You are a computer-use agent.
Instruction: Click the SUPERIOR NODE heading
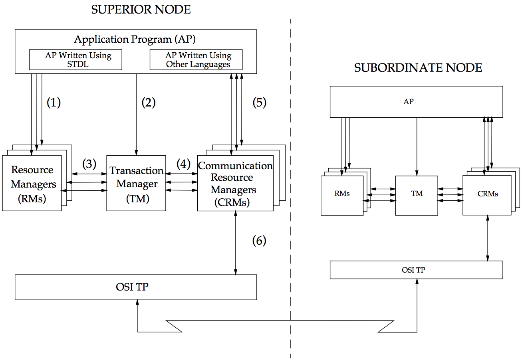[141, 10]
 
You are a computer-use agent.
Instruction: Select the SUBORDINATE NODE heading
[418, 68]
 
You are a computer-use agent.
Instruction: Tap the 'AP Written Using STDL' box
[76, 60]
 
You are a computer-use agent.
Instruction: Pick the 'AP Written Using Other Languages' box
[196, 60]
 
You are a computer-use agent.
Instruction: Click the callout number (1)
[54, 103]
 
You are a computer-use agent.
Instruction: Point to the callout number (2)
[148, 103]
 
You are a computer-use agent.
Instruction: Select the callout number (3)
[89, 164]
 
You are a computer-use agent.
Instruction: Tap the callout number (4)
[183, 164]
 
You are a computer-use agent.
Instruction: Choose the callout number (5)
[259, 103]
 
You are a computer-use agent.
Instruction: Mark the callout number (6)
[259, 240]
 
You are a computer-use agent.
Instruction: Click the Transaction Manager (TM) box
[136, 184]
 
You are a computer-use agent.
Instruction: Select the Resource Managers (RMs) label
[32, 184]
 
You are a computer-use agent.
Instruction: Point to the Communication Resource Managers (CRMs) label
[235, 184]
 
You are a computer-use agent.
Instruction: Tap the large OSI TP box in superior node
[136, 287]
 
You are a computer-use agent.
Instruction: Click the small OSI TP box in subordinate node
[416, 270]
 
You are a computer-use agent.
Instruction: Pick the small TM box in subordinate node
[417, 196]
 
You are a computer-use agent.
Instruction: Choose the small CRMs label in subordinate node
[487, 194]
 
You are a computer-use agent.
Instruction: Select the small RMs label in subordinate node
[342, 194]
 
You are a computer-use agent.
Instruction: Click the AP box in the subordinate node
[416, 102]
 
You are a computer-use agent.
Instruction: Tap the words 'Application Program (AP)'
[135, 40]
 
